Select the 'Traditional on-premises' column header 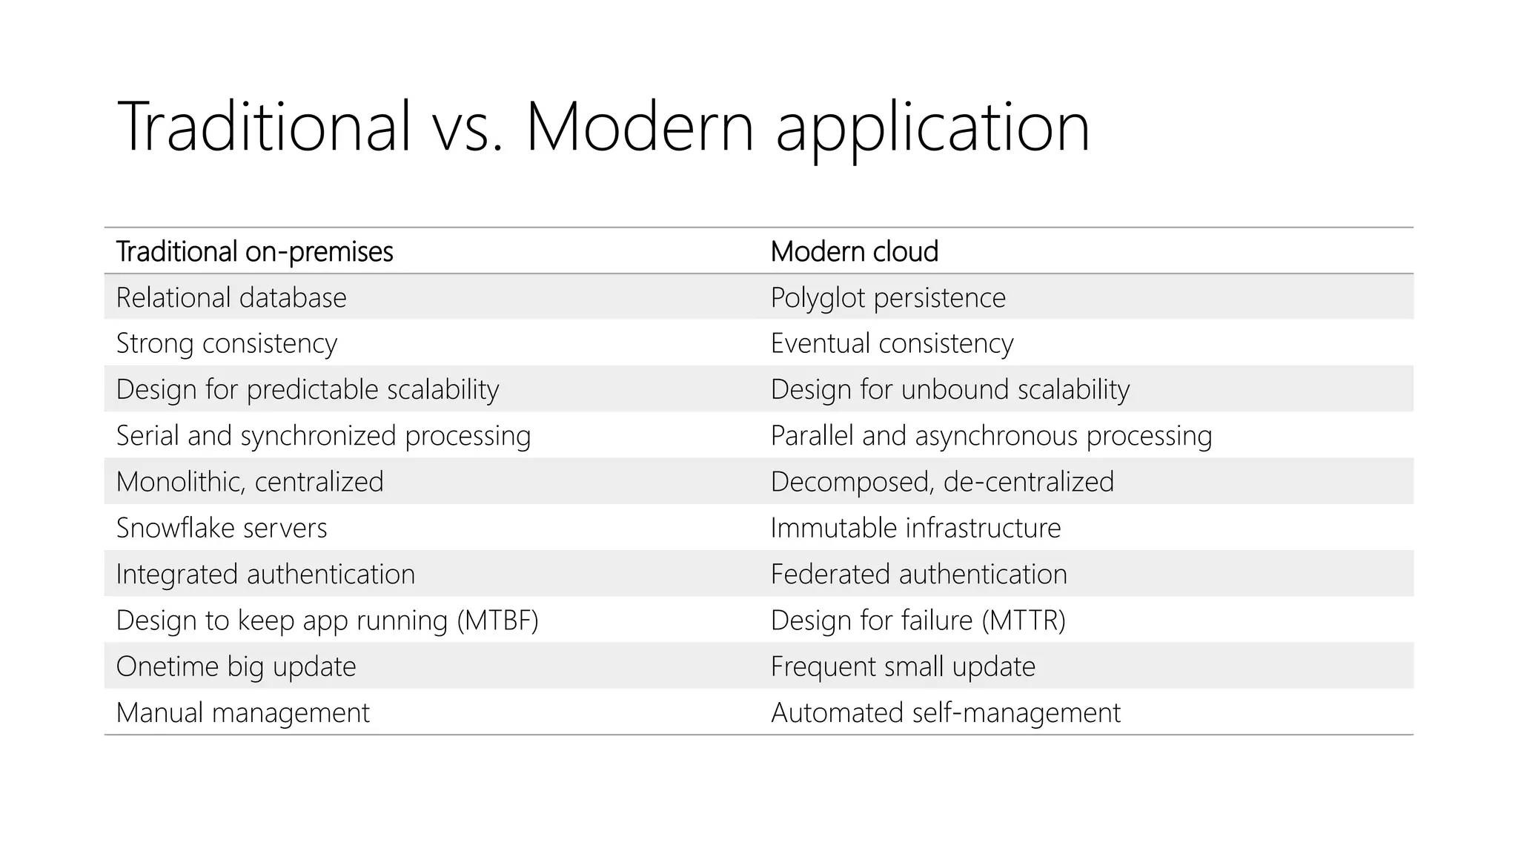[254, 252]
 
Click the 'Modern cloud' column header [854, 252]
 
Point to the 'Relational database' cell [231, 298]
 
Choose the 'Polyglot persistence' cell [888, 298]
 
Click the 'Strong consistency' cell [227, 344]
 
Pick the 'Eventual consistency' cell [892, 344]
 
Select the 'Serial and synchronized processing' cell [323, 436]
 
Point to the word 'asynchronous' [996, 436]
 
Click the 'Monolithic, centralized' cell [250, 482]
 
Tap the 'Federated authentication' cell [918, 575]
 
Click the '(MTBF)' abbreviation [497, 620]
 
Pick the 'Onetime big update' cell [236, 666]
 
